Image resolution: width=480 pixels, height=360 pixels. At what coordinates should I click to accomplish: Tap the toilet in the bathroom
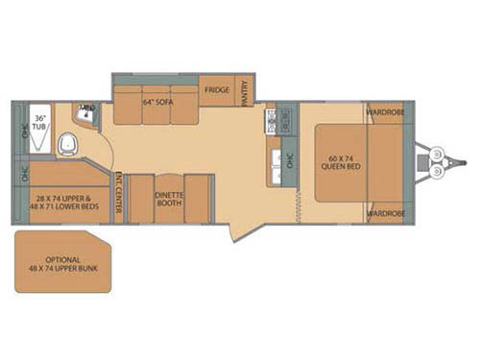tap(66, 145)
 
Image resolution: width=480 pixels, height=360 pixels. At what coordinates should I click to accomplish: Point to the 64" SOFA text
tap(156, 101)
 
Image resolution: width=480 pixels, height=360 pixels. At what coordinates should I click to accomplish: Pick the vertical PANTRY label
tap(246, 92)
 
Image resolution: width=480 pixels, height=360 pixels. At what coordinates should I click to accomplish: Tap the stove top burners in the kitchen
tap(272, 121)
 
